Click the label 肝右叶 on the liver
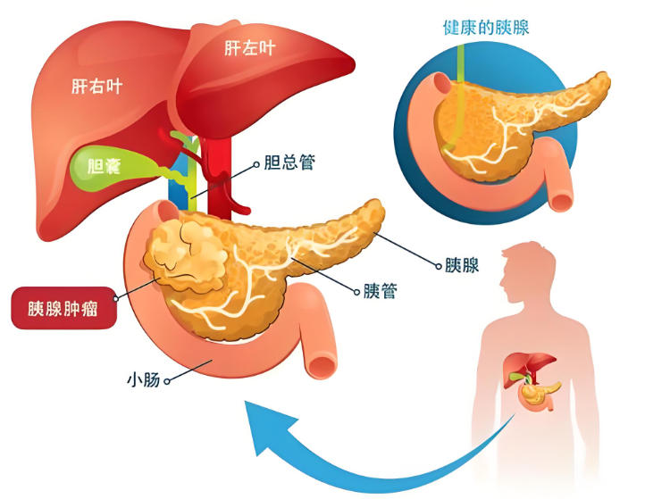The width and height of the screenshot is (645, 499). coord(96,87)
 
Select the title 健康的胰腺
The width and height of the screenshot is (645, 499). coord(486,27)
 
